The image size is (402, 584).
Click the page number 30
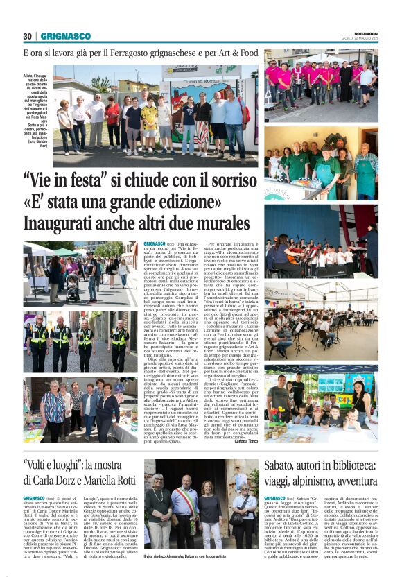(x=28, y=36)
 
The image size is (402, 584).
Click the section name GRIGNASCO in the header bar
(x=65, y=36)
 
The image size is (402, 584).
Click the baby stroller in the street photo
(x=72, y=286)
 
